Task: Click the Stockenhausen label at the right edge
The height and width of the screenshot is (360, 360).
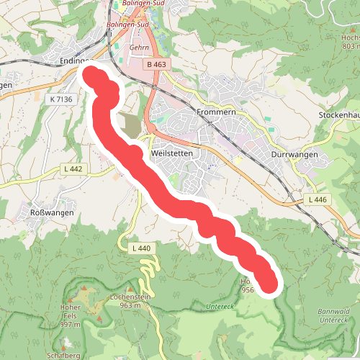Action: tap(339, 114)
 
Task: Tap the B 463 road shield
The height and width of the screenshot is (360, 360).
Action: tap(156, 65)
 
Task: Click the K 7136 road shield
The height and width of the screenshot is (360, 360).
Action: tap(63, 99)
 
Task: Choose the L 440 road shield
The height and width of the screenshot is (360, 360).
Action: tap(141, 248)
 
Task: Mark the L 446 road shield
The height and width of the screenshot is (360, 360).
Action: tap(317, 199)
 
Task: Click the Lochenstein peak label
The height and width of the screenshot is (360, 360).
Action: tap(130, 297)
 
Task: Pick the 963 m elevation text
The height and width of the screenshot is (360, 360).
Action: tap(130, 305)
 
